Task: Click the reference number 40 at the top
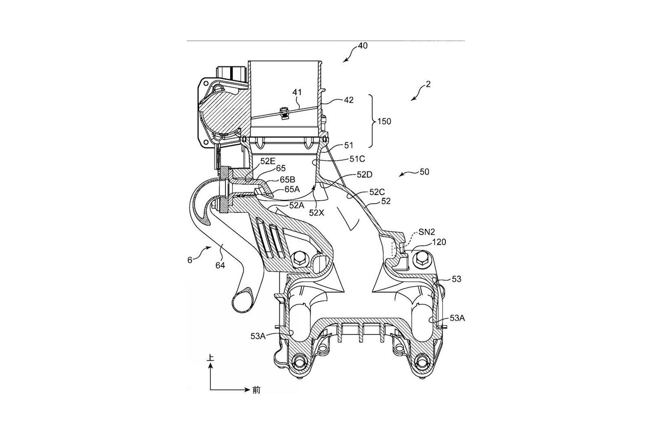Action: pyautogui.click(x=363, y=46)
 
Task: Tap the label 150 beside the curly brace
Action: pyautogui.click(x=384, y=121)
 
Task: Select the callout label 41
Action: pyautogui.click(x=297, y=92)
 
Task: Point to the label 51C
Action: pyautogui.click(x=357, y=159)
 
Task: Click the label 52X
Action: pyautogui.click(x=316, y=213)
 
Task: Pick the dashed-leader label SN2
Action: pyautogui.click(x=427, y=232)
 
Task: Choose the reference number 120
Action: pyautogui.click(x=439, y=242)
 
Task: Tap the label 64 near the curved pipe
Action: pyautogui.click(x=220, y=265)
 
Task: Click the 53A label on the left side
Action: pyautogui.click(x=258, y=336)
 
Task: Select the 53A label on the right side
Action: pyautogui.click(x=457, y=318)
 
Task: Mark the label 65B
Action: pyautogui.click(x=288, y=179)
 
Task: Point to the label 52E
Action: pyautogui.click(x=268, y=161)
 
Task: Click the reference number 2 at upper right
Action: pyautogui.click(x=428, y=84)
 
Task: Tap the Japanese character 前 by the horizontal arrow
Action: pyautogui.click(x=256, y=390)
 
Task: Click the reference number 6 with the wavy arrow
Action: pyautogui.click(x=190, y=260)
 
